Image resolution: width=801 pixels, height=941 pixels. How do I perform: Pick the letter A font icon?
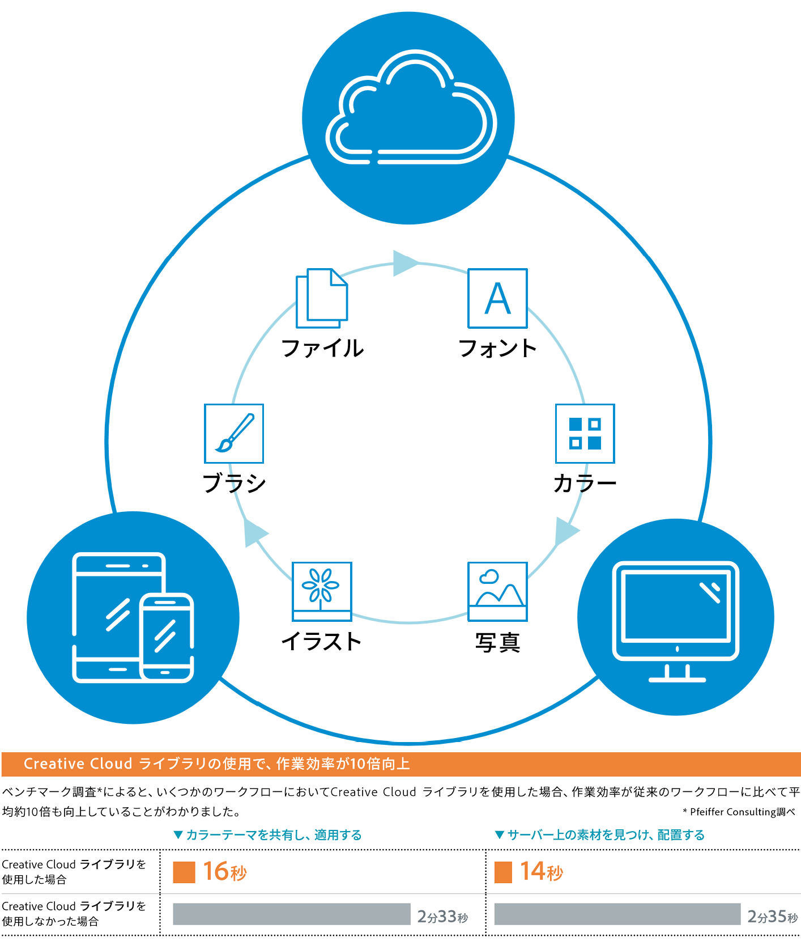(x=497, y=298)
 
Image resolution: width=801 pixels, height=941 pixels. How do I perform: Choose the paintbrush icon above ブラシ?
(x=234, y=433)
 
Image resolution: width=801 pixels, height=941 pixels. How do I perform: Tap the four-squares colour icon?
(x=585, y=433)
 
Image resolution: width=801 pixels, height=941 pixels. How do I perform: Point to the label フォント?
(x=497, y=348)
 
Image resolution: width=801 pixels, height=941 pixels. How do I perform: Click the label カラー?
(x=585, y=484)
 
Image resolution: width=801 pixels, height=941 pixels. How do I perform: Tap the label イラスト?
(x=321, y=642)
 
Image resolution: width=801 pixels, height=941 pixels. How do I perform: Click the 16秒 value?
(x=225, y=871)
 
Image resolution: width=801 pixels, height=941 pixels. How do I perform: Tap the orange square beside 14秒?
(x=503, y=872)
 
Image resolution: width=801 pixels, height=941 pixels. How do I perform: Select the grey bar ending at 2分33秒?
(x=291, y=914)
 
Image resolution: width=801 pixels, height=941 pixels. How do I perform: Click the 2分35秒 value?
(x=772, y=916)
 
